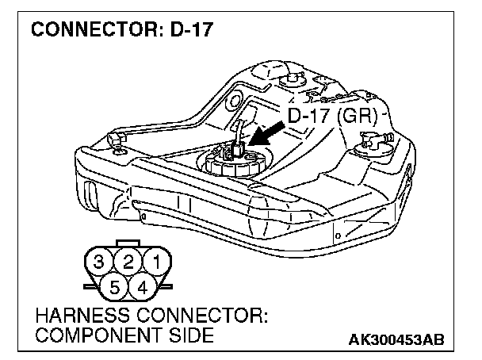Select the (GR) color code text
tap(361, 116)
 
